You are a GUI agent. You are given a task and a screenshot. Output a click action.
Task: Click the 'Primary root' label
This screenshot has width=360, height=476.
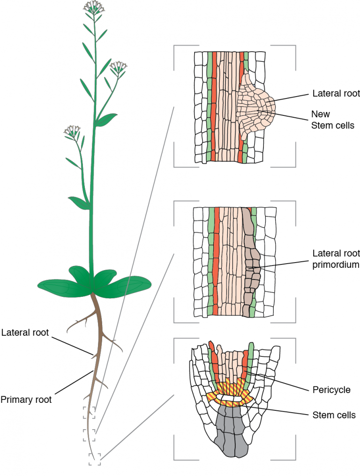[26, 400]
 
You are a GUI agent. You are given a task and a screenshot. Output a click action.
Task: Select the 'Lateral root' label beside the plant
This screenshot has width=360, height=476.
[25, 332]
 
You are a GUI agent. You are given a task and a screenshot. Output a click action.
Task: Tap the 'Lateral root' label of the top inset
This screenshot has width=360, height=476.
[336, 93]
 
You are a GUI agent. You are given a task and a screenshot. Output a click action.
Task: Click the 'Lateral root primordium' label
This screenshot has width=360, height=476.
[336, 259]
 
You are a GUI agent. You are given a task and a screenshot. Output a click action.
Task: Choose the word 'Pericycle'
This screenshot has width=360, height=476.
[331, 390]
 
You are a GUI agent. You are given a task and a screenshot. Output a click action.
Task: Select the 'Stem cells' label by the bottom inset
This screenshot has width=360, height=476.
[334, 415]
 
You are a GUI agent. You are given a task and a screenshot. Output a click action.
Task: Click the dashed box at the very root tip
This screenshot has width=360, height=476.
[95, 460]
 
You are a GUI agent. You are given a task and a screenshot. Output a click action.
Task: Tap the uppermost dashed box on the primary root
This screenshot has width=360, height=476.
[89, 412]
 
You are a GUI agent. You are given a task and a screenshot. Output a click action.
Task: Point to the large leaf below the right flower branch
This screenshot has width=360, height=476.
[106, 120]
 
